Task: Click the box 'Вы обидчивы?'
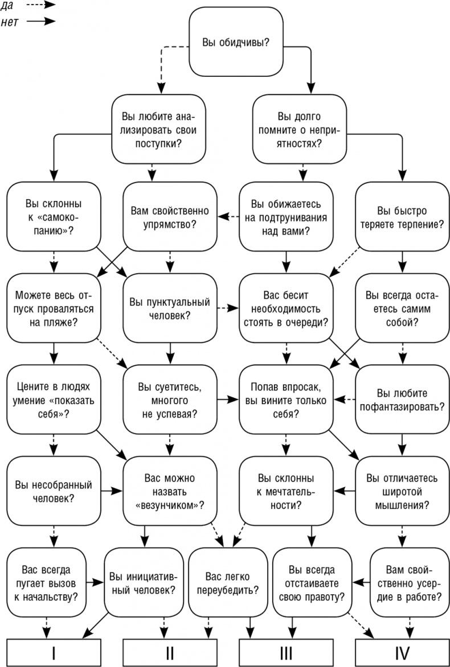click(236, 42)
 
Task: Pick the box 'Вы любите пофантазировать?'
click(402, 400)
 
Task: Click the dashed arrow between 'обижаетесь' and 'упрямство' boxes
click(228, 216)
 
